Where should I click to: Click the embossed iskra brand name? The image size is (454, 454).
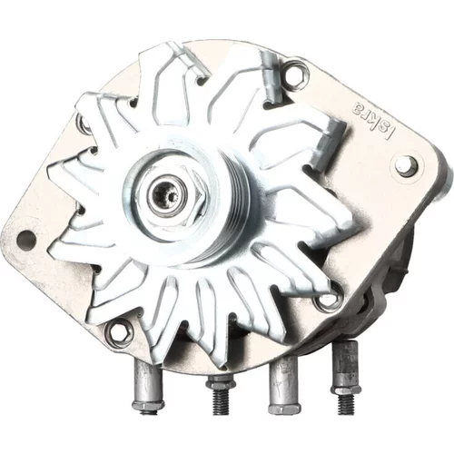374,120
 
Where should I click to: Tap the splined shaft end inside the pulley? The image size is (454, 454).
167,194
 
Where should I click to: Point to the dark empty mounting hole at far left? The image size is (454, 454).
26,238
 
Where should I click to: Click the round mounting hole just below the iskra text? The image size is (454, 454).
407,166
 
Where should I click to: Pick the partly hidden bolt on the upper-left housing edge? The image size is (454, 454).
84,124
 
